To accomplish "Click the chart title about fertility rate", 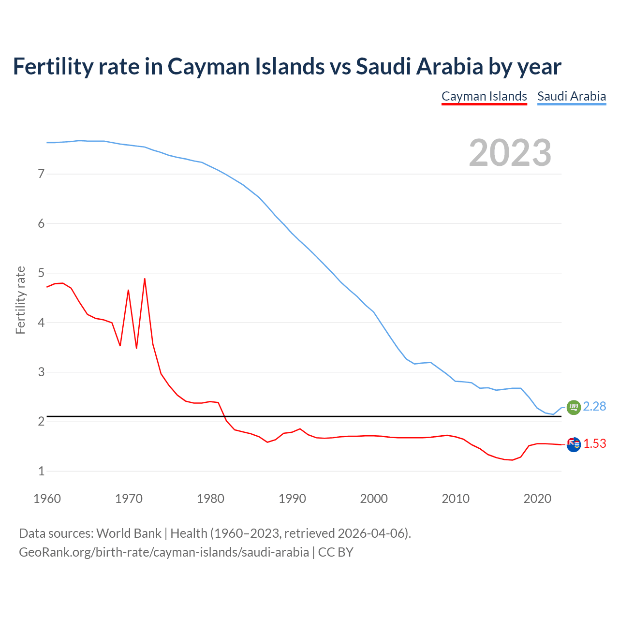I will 287,67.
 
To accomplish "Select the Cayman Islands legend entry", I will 484,96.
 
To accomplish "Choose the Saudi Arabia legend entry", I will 572,96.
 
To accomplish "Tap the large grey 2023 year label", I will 510,153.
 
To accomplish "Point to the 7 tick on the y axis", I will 41,174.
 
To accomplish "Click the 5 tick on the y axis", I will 41,273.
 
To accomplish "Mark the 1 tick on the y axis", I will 41,471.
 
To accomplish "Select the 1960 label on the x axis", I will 47,499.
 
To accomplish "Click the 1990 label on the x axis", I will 292,499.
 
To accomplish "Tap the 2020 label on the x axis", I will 537,499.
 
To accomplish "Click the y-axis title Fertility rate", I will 20,300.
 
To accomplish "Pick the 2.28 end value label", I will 594,407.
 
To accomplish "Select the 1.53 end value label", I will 594,444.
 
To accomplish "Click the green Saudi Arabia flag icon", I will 574,408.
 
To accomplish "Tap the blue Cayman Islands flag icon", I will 574,444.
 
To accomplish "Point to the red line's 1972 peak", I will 145,279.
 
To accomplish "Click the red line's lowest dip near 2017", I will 513,460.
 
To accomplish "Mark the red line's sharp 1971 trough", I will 136,348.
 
